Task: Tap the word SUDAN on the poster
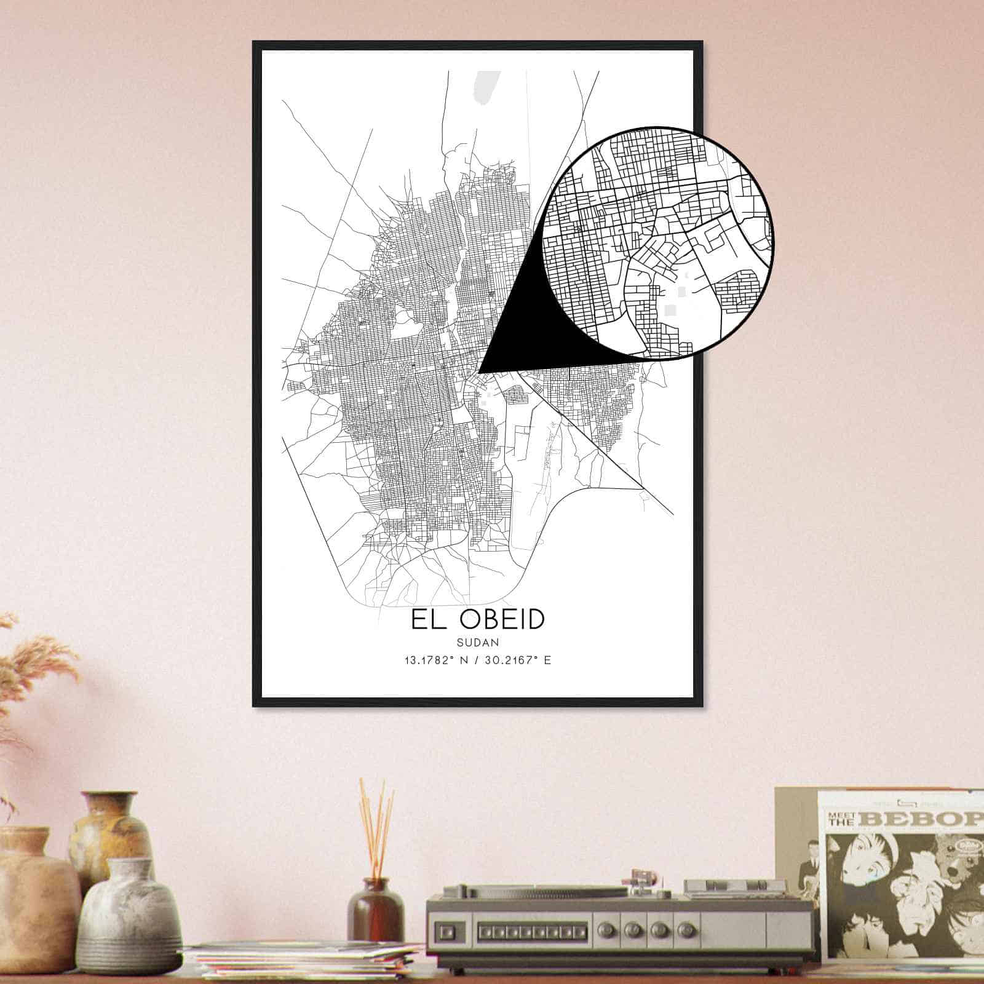tap(477, 642)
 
